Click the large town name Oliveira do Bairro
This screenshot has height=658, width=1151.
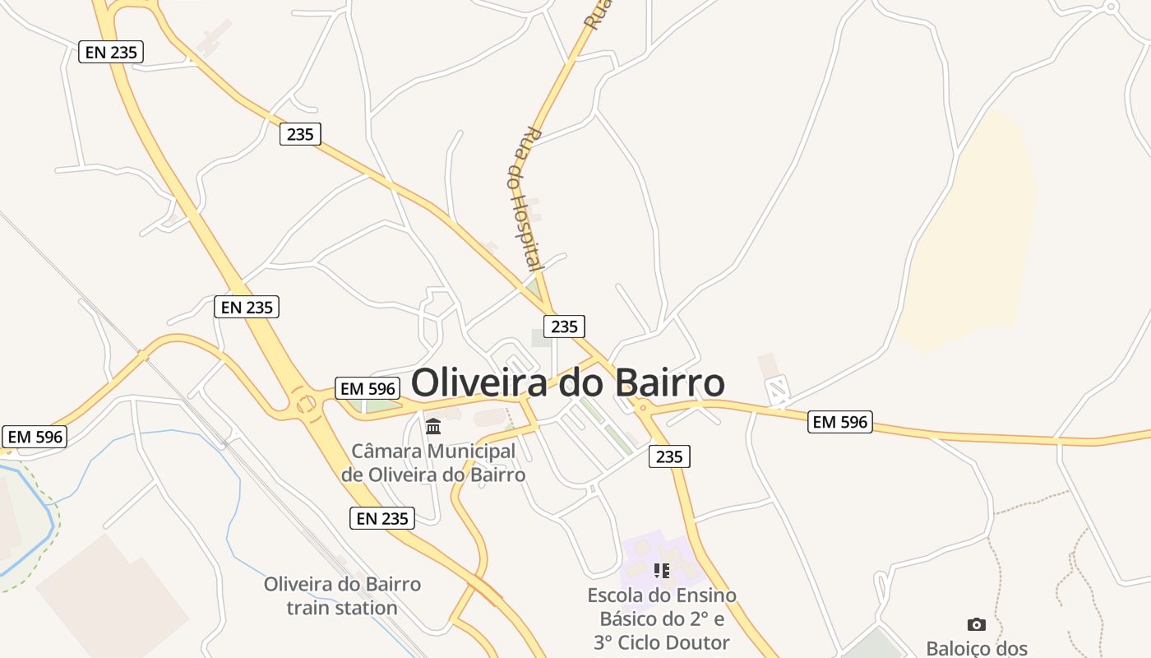[567, 383]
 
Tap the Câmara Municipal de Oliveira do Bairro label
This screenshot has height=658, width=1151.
[433, 462]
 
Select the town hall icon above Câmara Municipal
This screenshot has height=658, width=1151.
[433, 426]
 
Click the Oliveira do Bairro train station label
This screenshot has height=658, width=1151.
[342, 596]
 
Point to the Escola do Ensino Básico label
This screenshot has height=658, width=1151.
[662, 619]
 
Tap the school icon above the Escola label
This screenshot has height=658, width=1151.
[662, 570]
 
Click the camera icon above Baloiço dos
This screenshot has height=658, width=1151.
[976, 624]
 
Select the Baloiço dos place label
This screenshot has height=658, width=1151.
[977, 648]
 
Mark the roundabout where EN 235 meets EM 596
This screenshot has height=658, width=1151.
[306, 404]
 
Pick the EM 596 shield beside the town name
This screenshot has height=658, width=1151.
[367, 388]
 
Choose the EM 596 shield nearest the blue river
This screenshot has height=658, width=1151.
[35, 437]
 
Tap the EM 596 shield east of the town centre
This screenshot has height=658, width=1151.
[839, 422]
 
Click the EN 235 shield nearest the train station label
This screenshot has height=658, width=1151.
[382, 518]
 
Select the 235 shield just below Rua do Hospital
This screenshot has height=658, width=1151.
[564, 327]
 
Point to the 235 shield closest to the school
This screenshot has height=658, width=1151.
[669, 456]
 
